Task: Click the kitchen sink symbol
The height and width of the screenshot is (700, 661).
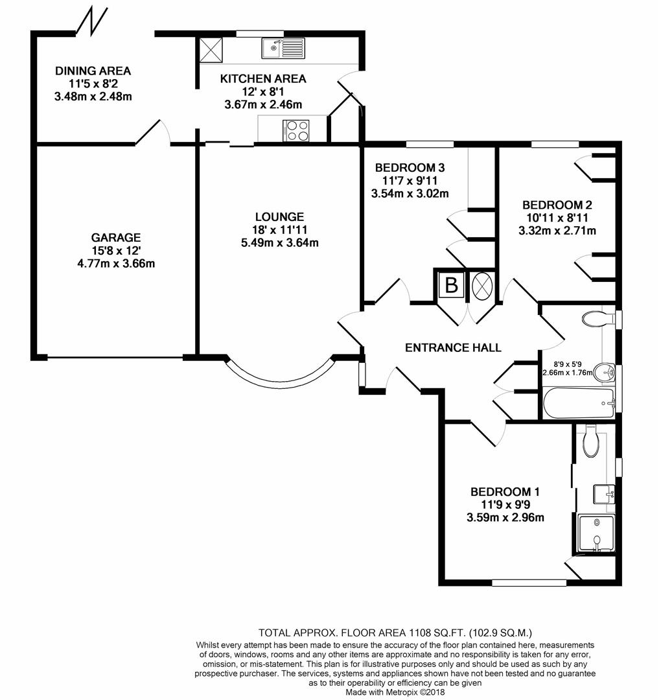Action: [283, 48]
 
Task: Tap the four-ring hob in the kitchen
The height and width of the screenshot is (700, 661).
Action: [296, 131]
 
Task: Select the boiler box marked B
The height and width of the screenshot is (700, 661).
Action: [451, 285]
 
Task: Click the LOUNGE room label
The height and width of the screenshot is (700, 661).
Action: [279, 217]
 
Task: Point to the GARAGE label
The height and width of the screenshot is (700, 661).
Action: [116, 237]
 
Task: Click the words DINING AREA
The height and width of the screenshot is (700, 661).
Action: [93, 71]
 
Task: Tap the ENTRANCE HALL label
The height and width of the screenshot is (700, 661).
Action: [453, 347]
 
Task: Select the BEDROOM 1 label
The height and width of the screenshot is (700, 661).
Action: [505, 492]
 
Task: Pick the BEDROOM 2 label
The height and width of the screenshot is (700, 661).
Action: [557, 205]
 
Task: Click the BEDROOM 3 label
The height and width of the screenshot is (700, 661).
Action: [410, 168]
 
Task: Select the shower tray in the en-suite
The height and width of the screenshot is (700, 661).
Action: [596, 533]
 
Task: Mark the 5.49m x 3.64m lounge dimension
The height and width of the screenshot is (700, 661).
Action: [280, 243]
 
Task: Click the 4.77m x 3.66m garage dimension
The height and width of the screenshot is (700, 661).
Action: [116, 263]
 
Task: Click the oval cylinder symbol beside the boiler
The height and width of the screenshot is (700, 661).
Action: [482, 285]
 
